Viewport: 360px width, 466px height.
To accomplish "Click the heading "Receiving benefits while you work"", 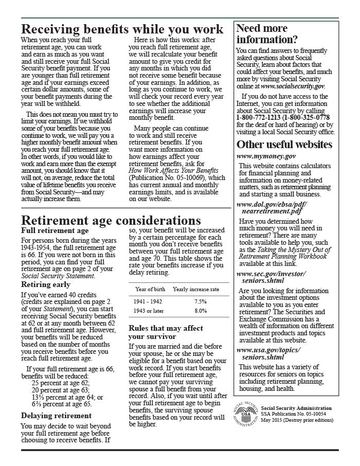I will [x=122, y=29].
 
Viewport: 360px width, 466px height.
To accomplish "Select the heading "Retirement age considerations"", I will [x=111, y=221].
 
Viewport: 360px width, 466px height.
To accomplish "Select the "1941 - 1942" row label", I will [x=147, y=301].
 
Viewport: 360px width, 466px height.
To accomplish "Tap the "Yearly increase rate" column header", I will [x=195, y=289].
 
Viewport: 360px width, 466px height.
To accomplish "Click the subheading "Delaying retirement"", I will [x=57, y=416].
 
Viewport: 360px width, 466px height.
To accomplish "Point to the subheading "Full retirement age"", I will [x=55, y=231].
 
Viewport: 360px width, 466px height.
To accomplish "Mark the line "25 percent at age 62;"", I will [x=61, y=383].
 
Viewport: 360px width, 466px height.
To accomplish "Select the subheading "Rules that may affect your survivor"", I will [x=166, y=332].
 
